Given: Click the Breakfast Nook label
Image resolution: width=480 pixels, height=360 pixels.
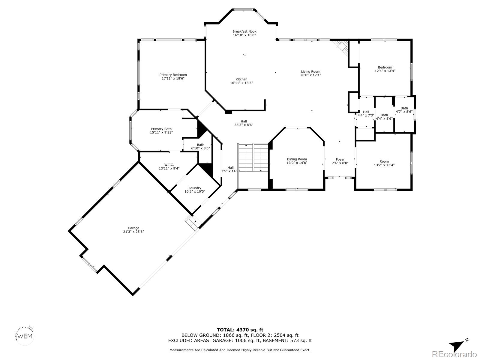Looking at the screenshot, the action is coord(244,31).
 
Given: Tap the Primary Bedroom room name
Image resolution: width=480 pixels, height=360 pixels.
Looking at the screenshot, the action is coord(173,75).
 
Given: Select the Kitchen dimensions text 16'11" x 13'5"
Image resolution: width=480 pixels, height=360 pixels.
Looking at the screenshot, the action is coord(241,83).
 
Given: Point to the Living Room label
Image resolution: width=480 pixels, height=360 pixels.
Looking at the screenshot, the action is coord(310,71).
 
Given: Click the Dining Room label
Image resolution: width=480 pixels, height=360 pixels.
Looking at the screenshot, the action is coord(297,159).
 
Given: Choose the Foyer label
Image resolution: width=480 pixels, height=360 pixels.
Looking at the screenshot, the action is coord(340,159).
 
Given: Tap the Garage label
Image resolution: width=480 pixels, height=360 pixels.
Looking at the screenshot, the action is coord(133,228).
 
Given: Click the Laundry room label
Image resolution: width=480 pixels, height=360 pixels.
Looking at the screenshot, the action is coord(195,188).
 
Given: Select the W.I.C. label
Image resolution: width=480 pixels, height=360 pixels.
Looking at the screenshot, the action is coord(169,165).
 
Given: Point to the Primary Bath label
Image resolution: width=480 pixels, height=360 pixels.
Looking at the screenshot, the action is coord(161,129).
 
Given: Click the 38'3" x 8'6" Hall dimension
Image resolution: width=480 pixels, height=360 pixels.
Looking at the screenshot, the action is coord(244,125).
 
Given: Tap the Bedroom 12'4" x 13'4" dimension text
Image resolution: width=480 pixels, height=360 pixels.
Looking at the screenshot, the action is coord(385,71).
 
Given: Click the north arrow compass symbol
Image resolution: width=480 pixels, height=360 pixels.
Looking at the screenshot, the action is coord(458,345).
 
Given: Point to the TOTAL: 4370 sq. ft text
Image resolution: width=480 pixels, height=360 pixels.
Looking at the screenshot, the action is coord(240,330).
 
